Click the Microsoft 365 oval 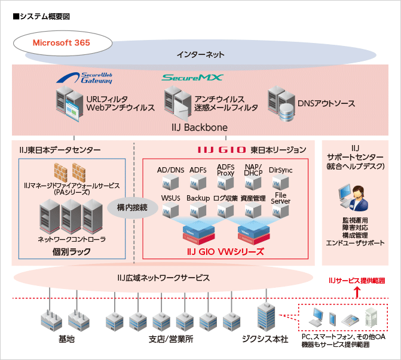pyautogui.click(x=62, y=43)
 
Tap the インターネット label pyautogui.click(x=200, y=54)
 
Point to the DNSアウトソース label pyautogui.click(x=327, y=103)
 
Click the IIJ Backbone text pyautogui.click(x=200, y=127)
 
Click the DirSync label pyautogui.click(x=281, y=170)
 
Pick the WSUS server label pyautogui.click(x=170, y=198)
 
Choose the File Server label pyautogui.click(x=281, y=198)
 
